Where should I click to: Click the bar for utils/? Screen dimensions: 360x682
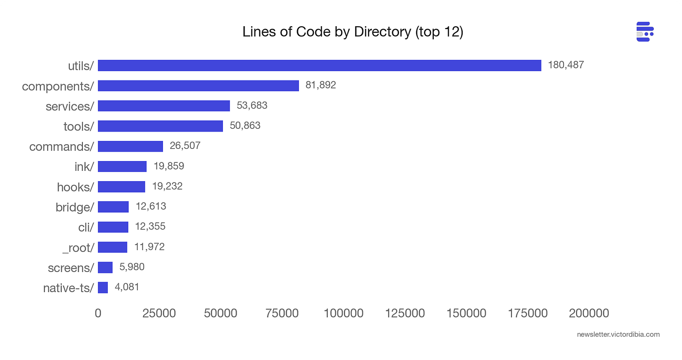(319, 66)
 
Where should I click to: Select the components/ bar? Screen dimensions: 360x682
(198, 86)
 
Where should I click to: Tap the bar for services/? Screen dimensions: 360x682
(164, 106)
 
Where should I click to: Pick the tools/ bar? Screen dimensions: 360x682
(160, 126)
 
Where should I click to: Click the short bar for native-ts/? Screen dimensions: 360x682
(103, 287)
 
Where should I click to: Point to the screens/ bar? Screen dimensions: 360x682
(105, 267)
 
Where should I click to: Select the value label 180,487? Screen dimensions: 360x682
(566, 65)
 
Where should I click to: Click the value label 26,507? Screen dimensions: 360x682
(185, 146)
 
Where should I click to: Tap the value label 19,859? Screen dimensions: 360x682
(169, 166)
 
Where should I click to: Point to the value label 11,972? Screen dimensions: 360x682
(149, 247)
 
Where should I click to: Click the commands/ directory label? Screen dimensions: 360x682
(61, 147)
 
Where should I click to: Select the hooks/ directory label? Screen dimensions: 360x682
(75, 187)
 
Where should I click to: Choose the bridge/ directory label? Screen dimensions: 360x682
(74, 207)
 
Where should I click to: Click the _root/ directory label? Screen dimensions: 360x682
(78, 248)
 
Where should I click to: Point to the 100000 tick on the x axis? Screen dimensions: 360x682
(343, 313)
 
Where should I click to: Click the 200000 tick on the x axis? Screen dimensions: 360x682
(589, 313)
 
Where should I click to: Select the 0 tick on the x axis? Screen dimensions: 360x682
(98, 313)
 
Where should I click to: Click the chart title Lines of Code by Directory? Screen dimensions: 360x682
(353, 33)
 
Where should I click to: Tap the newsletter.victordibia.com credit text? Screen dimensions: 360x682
(618, 334)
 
